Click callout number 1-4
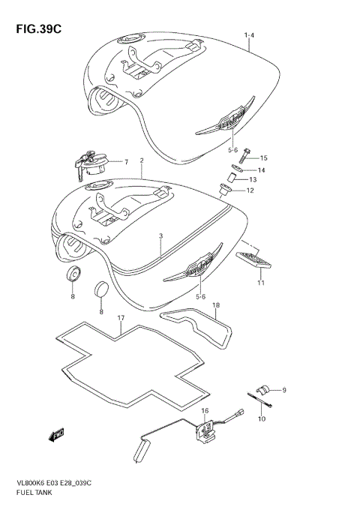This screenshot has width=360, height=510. pos(249,36)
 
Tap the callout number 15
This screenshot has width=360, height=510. pos(263,158)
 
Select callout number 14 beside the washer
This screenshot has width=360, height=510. pos(262,169)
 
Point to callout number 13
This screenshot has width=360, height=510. pos(253,180)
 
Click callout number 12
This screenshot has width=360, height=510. pos(250,191)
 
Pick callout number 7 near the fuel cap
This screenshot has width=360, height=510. pos(126,162)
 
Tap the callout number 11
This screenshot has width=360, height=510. pos(261,282)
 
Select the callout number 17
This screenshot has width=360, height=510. pos(120,319)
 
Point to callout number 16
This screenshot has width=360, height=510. pos(203,411)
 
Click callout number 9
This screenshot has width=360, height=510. pos(283,390)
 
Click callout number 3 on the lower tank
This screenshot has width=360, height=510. pos(160,236)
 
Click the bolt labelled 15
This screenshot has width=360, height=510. pos(245,158)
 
